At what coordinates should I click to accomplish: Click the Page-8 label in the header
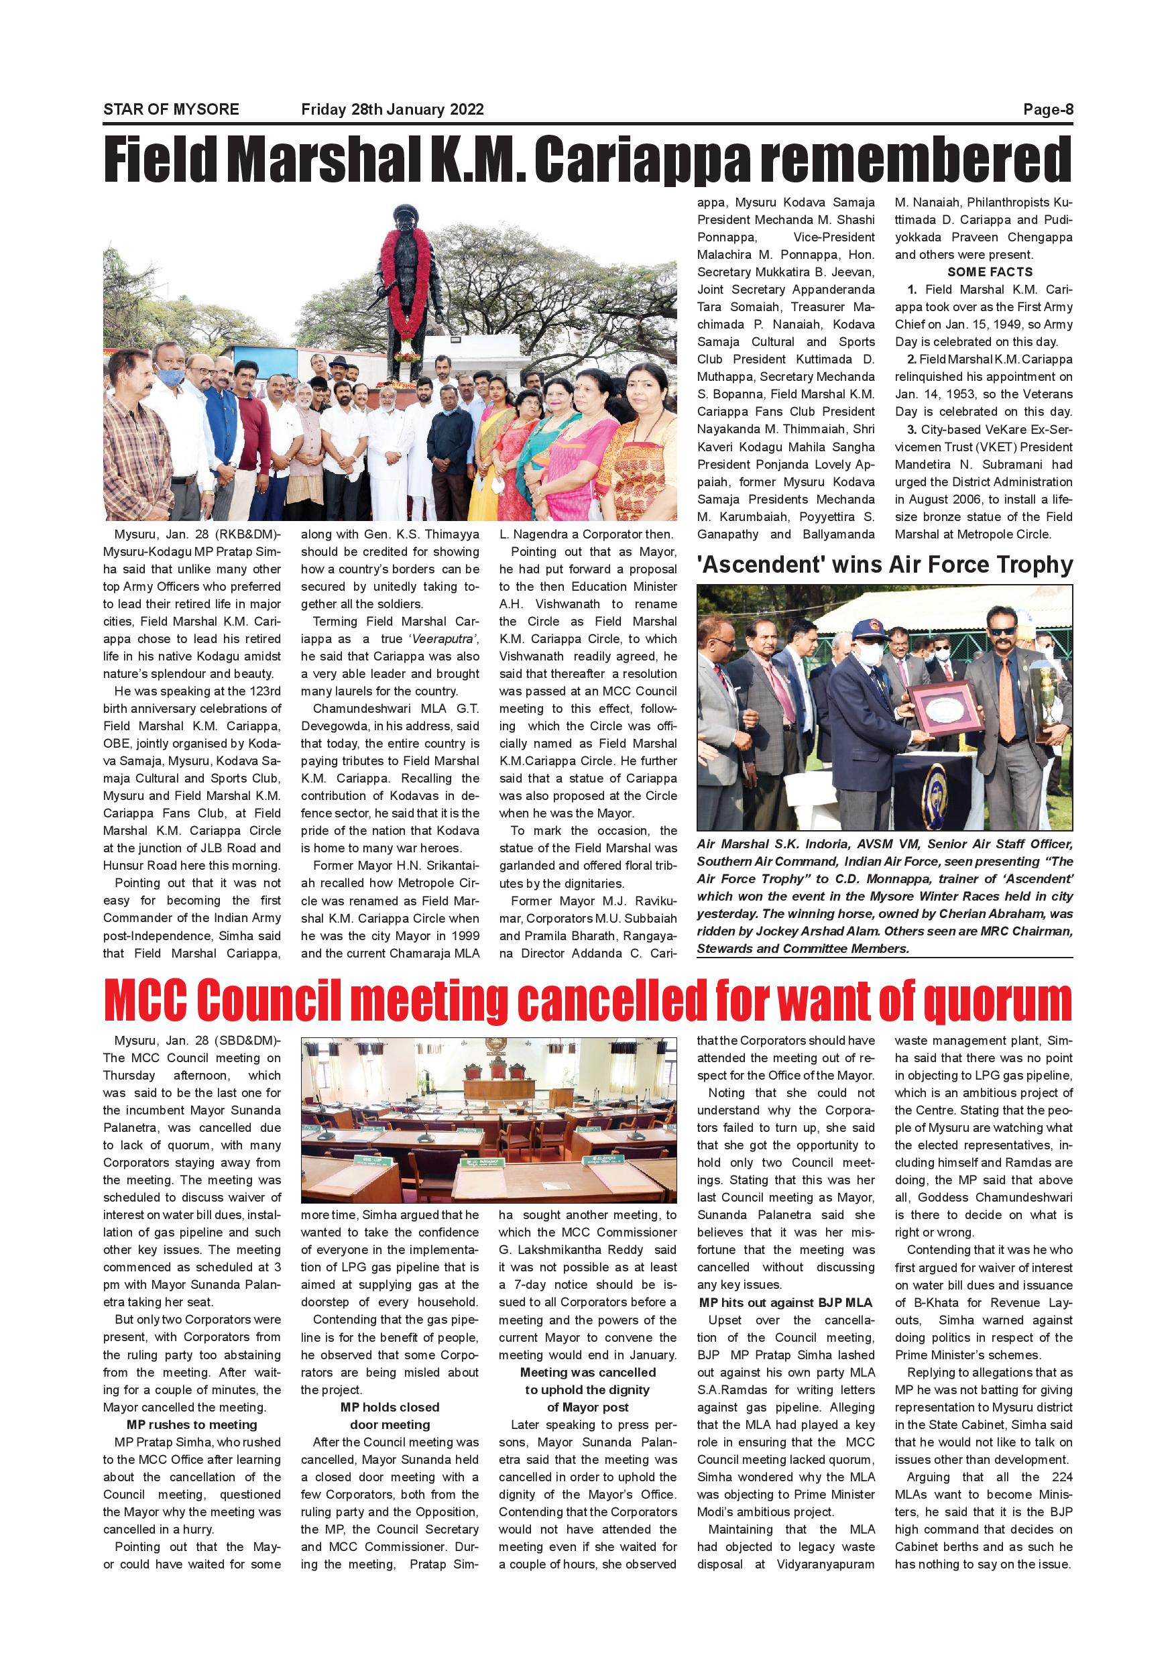(1047, 110)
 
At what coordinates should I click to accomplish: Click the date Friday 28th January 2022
(392, 110)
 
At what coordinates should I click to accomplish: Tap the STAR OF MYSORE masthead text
(171, 110)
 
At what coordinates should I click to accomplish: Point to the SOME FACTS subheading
(989, 272)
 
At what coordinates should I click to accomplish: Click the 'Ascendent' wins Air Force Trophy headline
(884, 564)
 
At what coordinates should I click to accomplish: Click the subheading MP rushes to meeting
(192, 1425)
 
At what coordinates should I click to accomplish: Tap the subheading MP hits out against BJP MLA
(786, 1302)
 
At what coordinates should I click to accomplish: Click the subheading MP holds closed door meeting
(390, 1416)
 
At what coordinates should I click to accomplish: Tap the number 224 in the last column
(1060, 1477)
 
